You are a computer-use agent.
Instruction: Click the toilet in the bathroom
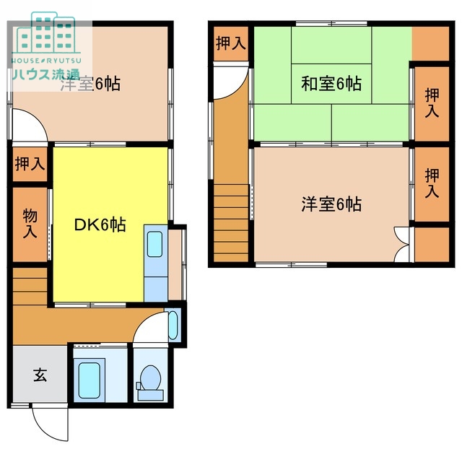(150, 382)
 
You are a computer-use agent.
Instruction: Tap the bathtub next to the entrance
(89, 380)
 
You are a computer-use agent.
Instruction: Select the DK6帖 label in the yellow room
(100, 225)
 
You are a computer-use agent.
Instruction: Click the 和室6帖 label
(331, 84)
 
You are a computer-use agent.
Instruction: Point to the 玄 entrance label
(40, 375)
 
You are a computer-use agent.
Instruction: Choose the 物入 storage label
(30, 223)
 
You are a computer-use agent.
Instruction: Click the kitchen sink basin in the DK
(154, 244)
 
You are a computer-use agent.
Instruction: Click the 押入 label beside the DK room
(30, 164)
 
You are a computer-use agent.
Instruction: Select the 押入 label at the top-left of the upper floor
(231, 43)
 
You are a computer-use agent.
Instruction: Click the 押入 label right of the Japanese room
(432, 103)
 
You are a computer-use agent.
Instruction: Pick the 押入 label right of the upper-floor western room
(432, 183)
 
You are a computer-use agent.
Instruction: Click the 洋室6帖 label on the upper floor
(331, 204)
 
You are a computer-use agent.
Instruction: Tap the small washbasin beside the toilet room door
(173, 326)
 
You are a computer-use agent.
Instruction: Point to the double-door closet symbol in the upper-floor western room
(402, 244)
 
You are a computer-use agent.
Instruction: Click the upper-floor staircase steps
(231, 223)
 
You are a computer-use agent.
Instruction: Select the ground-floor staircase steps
(30, 287)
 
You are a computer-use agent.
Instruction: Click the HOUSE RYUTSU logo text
(46, 61)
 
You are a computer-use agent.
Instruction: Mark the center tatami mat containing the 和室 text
(331, 84)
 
